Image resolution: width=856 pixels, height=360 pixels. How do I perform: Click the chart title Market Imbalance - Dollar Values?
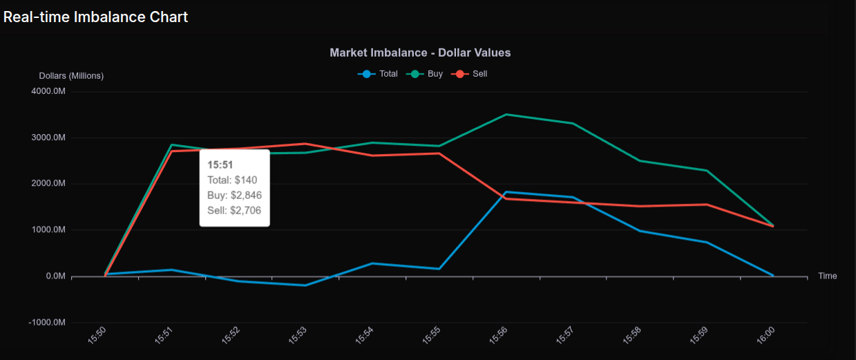coord(420,53)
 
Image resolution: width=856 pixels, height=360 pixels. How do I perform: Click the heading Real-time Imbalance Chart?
coord(95,17)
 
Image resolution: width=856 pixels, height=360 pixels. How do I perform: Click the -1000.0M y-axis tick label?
coord(47,323)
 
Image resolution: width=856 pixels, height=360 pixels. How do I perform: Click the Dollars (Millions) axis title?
coord(71,76)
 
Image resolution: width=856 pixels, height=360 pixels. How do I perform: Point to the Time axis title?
coord(827,276)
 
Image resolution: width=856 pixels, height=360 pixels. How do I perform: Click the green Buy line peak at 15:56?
coord(506,115)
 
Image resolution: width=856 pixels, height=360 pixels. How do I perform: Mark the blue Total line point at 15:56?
coord(506,192)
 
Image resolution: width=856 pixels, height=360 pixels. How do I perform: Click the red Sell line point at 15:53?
coord(305,144)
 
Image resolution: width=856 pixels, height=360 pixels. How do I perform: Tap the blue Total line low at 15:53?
coord(305,285)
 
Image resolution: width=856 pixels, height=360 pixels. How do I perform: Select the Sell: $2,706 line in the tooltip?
coord(234,210)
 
